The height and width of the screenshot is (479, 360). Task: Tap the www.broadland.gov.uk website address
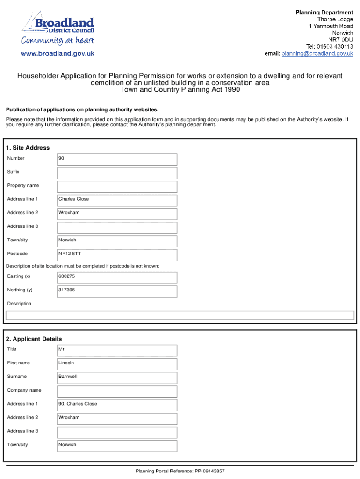click(x=58, y=54)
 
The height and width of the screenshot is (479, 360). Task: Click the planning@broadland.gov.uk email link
click(x=317, y=54)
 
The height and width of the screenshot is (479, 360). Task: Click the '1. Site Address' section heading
click(x=28, y=148)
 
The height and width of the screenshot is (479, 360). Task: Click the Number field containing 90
click(x=117, y=159)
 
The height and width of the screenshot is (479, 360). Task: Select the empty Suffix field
click(x=117, y=173)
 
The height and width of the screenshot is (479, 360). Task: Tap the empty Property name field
click(x=117, y=186)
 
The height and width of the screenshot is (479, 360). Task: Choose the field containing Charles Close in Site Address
click(x=117, y=200)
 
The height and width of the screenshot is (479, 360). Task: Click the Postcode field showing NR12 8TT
click(x=117, y=254)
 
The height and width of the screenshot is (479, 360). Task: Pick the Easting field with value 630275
click(x=117, y=277)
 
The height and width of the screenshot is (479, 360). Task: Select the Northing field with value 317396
click(x=117, y=291)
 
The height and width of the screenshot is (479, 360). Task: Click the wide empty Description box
click(x=180, y=315)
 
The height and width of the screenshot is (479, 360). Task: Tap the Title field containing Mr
click(x=117, y=350)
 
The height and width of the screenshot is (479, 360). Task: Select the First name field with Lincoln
click(x=117, y=363)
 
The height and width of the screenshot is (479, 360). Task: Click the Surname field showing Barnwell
click(x=117, y=377)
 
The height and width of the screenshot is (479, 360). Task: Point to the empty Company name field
click(x=117, y=391)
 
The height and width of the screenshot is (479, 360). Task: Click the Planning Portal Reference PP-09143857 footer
click(x=180, y=472)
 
